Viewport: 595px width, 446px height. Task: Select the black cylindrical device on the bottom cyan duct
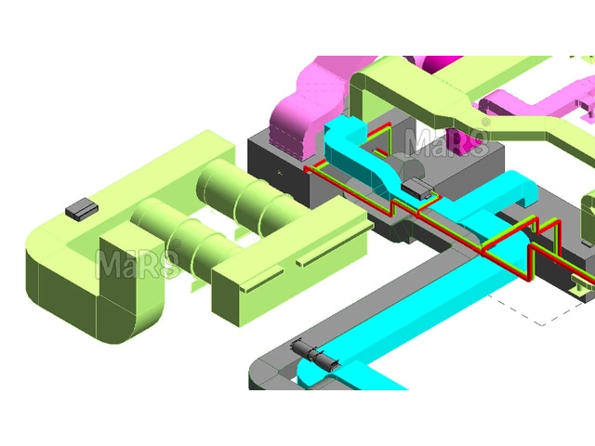(315, 355)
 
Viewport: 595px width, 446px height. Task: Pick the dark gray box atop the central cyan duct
(417, 188)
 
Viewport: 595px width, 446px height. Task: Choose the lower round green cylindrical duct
(182, 237)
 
